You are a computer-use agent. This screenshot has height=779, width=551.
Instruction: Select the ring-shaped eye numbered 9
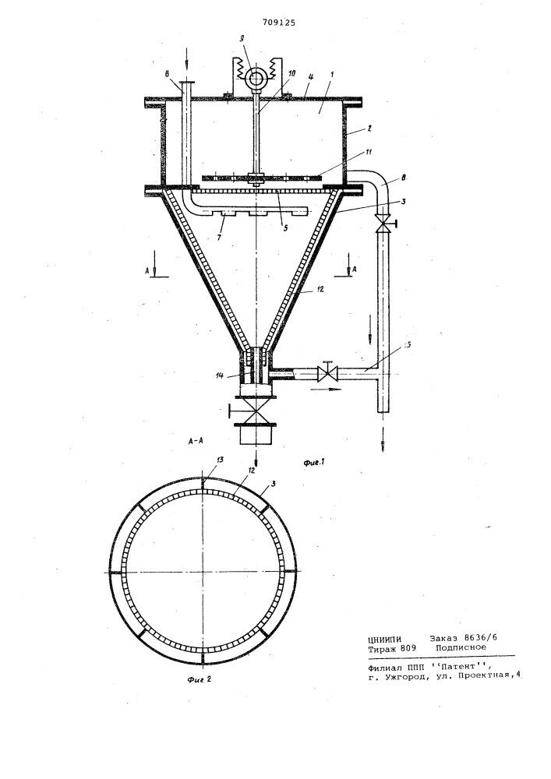(x=257, y=78)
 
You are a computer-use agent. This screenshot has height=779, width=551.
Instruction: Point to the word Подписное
(x=461, y=647)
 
